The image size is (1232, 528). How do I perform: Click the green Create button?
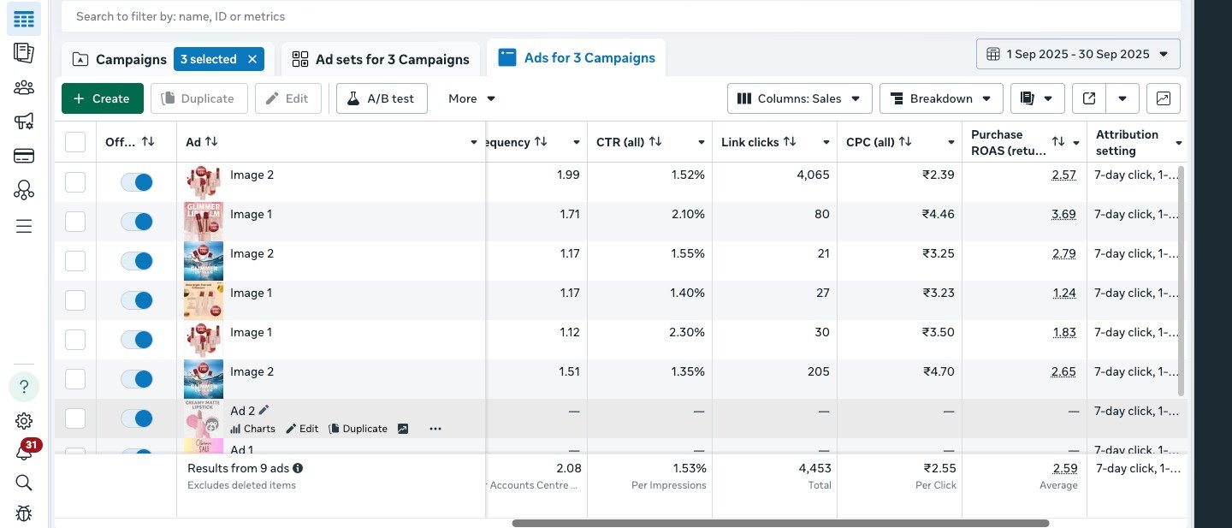click(x=102, y=98)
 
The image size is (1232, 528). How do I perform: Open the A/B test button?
click(x=382, y=98)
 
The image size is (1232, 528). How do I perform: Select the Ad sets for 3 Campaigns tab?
click(x=381, y=59)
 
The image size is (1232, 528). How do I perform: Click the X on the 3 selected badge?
click(x=252, y=59)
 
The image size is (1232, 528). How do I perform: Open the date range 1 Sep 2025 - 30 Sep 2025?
click(x=1078, y=54)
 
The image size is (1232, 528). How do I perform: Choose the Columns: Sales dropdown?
click(x=799, y=98)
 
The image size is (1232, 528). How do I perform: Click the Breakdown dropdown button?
click(x=941, y=98)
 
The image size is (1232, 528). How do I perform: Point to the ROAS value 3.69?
click(x=1063, y=214)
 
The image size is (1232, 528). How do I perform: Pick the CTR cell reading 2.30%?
click(x=687, y=332)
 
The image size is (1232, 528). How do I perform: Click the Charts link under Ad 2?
click(x=253, y=429)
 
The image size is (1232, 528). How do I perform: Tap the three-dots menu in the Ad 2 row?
click(x=435, y=429)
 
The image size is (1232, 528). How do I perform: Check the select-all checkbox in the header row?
click(x=75, y=142)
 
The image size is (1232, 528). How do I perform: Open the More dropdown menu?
click(x=471, y=98)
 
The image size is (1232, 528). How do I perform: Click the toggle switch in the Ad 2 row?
click(x=137, y=418)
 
